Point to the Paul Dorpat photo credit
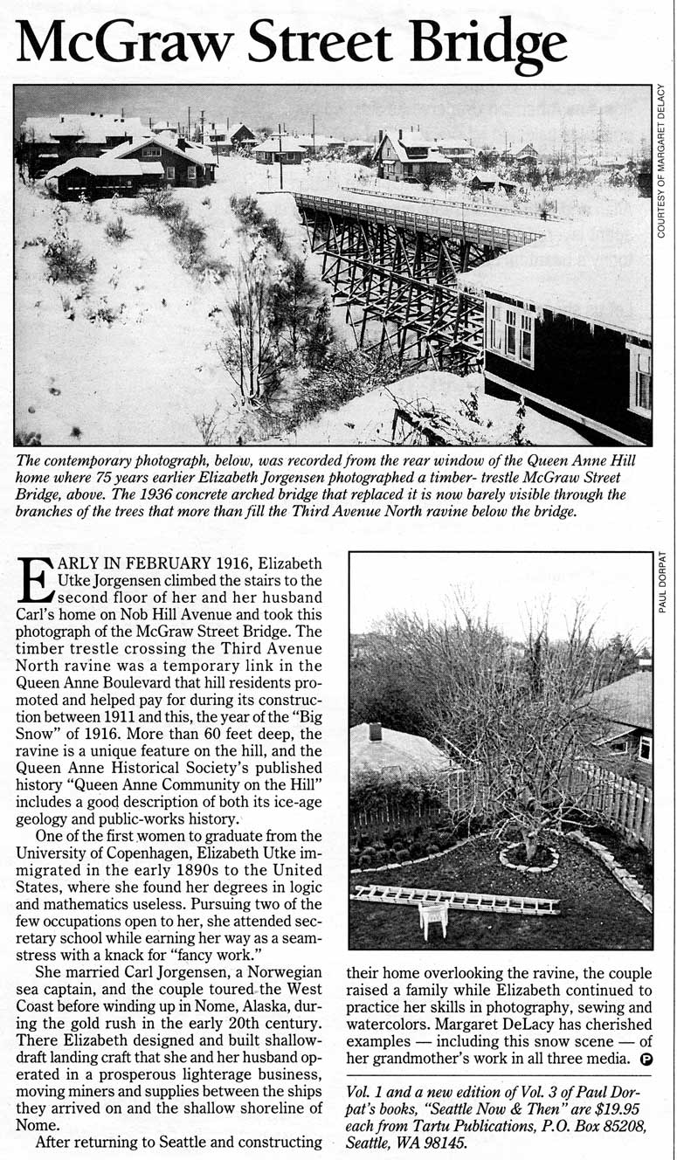click(662, 581)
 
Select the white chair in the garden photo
click(433, 918)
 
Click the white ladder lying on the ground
click(454, 899)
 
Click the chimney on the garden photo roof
click(375, 731)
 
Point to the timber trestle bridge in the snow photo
click(393, 253)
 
